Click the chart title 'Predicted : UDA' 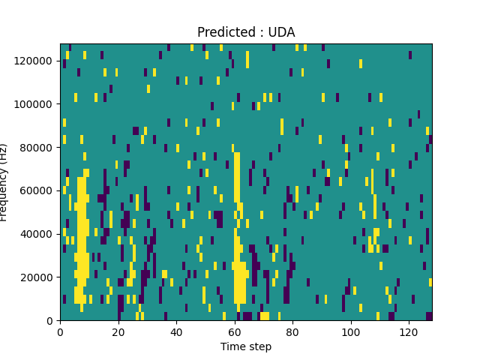tap(246, 32)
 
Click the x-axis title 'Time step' tap(246, 346)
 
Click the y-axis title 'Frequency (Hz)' tap(4, 182)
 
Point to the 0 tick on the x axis tap(60, 331)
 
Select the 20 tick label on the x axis tap(118, 331)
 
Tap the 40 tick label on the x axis tap(176, 331)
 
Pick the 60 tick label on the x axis tap(235, 331)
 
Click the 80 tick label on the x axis tap(292, 331)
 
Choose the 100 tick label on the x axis tap(351, 331)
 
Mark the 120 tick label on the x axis tap(409, 331)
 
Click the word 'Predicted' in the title tap(223, 32)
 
